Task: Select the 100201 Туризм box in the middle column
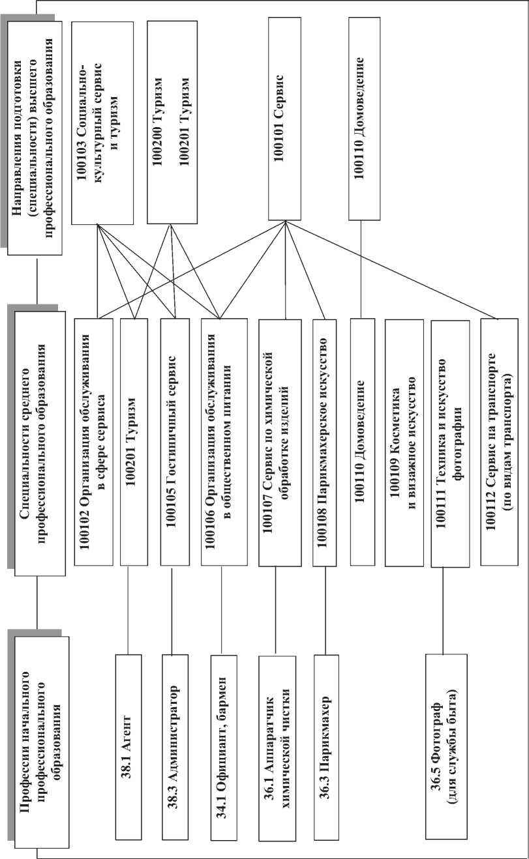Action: (x=134, y=443)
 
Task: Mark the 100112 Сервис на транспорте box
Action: (x=502, y=443)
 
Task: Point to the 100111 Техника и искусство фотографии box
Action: (x=451, y=443)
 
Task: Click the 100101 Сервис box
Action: (x=284, y=119)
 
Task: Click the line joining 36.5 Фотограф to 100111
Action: (x=444, y=611)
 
